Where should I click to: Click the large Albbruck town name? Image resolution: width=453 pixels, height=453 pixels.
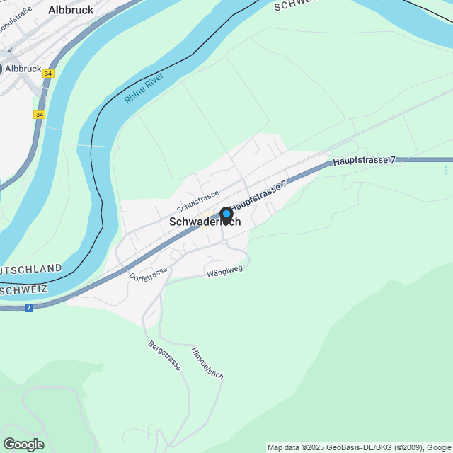[71, 11]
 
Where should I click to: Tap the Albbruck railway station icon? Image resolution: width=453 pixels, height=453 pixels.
[2, 69]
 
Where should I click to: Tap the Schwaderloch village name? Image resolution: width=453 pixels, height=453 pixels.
[205, 222]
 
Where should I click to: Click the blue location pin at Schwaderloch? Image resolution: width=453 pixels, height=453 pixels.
[226, 214]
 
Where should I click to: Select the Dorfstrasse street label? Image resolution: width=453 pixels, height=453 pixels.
[149, 273]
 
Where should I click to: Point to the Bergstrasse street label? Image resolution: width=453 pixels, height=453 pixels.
[165, 355]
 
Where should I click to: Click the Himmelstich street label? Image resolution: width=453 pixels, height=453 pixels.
[207, 362]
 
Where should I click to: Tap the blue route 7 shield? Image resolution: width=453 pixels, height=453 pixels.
[28, 308]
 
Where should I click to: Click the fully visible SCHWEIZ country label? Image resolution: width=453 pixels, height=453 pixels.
[23, 289]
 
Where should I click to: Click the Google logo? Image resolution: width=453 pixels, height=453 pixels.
[23, 445]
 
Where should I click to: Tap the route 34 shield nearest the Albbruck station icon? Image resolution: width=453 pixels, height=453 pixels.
[47, 73]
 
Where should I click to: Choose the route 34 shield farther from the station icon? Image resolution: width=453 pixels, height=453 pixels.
[38, 114]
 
